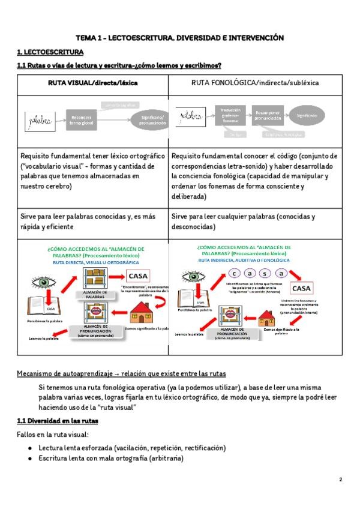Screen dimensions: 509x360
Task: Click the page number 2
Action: [340, 480]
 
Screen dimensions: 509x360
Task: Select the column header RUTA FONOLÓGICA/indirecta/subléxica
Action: [255, 83]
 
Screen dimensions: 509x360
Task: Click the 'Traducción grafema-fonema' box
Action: [229, 113]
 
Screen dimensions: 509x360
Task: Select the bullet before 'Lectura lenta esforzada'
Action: [31, 448]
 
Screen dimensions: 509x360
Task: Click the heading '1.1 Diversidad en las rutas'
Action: [62, 421]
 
